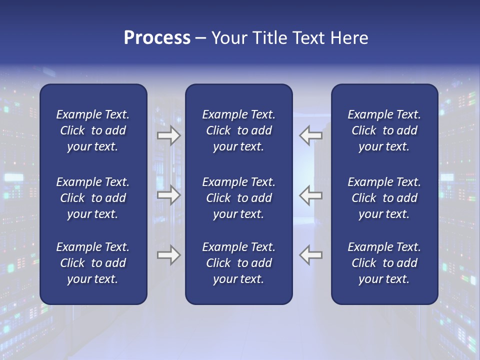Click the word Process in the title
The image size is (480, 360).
[157, 38]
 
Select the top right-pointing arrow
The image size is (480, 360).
[168, 135]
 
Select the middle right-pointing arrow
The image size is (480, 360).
[168, 195]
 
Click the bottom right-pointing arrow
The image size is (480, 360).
[168, 255]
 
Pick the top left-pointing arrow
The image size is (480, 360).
[311, 135]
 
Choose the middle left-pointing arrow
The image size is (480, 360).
[311, 195]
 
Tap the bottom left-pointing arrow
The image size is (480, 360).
[311, 255]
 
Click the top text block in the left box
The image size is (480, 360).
[93, 130]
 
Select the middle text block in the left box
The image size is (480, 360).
[93, 198]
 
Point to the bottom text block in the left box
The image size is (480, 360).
[93, 263]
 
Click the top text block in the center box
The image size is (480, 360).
[238, 130]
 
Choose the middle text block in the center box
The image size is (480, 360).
[238, 198]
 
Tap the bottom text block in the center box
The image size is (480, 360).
[238, 263]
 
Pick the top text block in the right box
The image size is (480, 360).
[384, 130]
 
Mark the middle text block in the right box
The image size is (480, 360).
[384, 198]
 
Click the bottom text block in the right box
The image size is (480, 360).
[384, 263]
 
